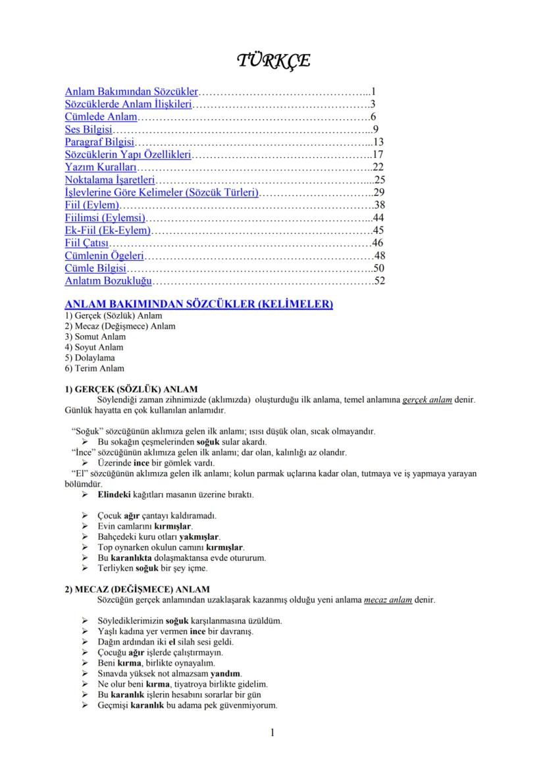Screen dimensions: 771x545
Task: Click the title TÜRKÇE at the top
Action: click(272, 61)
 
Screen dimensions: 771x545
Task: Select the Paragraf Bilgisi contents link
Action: click(100, 142)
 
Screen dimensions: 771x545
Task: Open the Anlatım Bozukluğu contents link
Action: click(109, 280)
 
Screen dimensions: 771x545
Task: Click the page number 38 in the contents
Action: click(378, 205)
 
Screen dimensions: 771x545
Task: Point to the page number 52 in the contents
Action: click(378, 280)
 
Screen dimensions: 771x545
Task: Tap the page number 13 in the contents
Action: click(378, 142)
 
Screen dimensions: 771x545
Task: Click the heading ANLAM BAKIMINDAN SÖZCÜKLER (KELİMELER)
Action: click(199, 304)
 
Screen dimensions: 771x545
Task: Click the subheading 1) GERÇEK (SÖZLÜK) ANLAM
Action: click(131, 388)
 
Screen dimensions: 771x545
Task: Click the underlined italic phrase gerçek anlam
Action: click(427, 400)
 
